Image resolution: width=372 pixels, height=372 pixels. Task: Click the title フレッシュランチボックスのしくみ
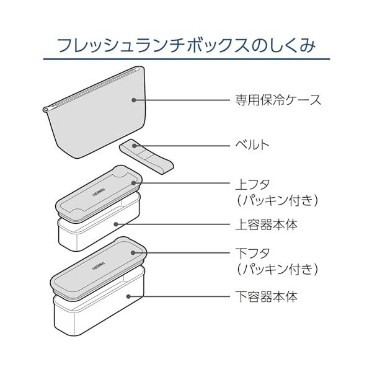tap(187, 45)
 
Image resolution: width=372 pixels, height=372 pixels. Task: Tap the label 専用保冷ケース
tap(278, 100)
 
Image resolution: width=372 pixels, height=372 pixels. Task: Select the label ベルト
tap(252, 144)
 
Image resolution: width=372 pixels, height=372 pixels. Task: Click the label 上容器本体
tap(266, 224)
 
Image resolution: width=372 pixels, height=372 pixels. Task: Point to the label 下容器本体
tap(266, 296)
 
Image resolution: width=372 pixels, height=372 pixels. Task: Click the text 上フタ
tap(253, 184)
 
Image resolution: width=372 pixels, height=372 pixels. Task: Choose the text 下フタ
tap(253, 254)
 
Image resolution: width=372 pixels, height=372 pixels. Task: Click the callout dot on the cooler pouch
tap(134, 100)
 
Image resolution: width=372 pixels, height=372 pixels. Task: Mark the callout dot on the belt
tap(135, 146)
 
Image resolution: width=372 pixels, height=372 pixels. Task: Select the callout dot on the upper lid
tap(133, 183)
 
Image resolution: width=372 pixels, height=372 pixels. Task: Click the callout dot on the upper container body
tap(116, 224)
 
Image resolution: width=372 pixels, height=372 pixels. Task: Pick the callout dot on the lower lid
tap(133, 253)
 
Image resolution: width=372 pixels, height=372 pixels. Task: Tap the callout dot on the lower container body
tap(128, 296)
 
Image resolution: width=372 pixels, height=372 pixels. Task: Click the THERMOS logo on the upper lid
tap(99, 192)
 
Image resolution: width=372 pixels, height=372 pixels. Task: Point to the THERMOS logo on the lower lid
tap(98, 266)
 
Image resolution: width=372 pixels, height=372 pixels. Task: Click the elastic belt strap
tap(146, 157)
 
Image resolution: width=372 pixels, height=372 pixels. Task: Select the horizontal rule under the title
tap(187, 59)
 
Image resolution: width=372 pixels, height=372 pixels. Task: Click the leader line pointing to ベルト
tap(182, 146)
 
